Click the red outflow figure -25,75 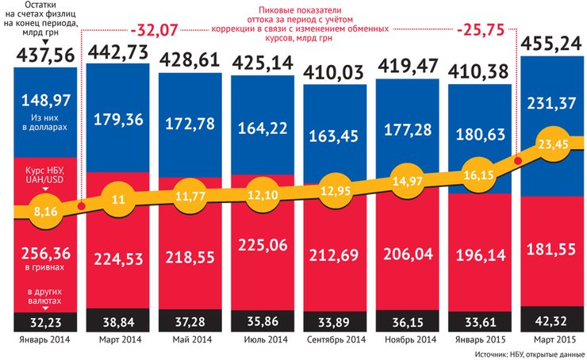pyautogui.click(x=484, y=33)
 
